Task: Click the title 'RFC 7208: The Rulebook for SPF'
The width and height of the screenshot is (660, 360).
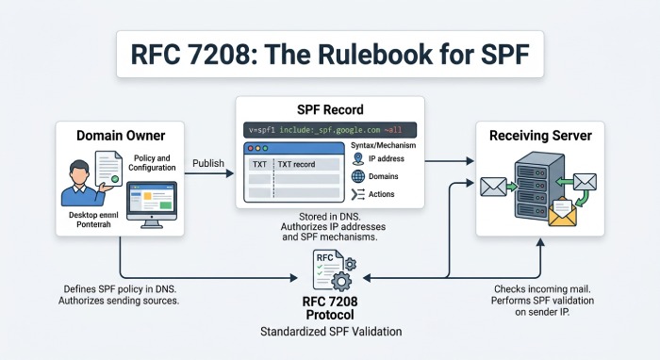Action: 329,56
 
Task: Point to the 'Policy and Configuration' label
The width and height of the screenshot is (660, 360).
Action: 152,163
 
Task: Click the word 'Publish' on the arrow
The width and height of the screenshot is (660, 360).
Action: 208,163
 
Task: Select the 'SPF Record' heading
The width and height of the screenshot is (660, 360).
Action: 329,108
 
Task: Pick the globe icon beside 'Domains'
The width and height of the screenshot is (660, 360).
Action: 358,176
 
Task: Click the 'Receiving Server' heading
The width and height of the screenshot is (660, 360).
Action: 540,137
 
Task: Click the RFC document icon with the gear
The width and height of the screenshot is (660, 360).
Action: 329,271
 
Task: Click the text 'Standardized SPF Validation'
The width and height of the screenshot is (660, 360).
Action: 329,332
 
